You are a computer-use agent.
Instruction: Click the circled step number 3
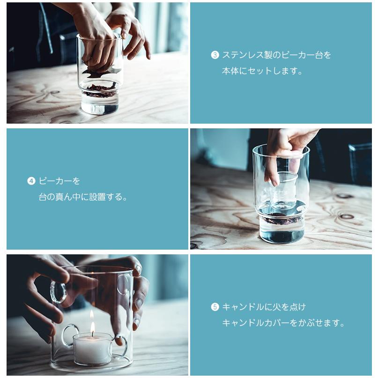point(215,55)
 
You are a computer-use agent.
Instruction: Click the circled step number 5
point(215,307)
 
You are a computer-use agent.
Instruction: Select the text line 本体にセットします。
point(262,72)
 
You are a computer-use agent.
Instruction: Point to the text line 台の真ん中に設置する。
point(83,197)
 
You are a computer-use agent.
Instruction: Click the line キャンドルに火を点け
point(264,307)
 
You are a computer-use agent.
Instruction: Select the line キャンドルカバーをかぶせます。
point(283,323)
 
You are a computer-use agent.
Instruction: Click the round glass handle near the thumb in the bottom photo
point(58,291)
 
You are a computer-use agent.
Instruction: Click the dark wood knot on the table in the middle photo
point(346,216)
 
